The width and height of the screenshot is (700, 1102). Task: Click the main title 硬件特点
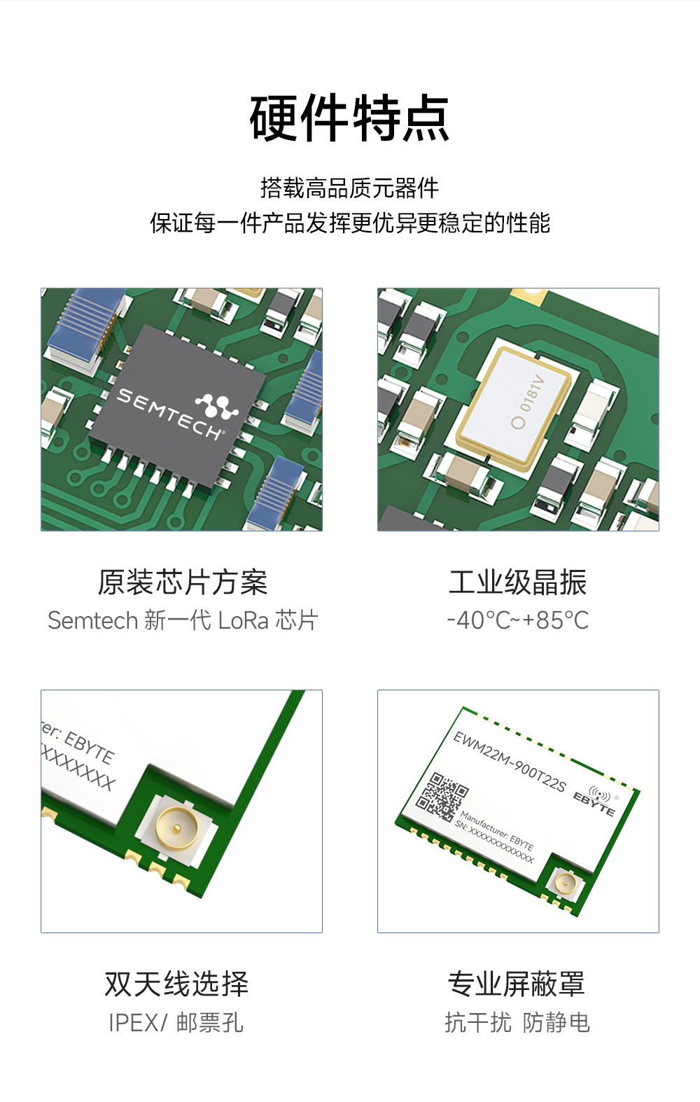[x=349, y=118]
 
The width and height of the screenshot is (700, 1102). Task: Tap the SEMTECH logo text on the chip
[x=168, y=414]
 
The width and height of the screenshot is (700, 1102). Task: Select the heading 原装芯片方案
[x=182, y=583]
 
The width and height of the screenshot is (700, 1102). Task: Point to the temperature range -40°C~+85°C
[x=518, y=620]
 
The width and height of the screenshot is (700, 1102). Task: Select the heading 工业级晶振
[x=518, y=583]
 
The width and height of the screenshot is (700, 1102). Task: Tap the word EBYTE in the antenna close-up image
[x=89, y=747]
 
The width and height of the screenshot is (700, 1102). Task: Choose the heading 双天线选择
[x=176, y=984]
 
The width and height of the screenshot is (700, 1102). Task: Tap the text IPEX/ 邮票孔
[x=176, y=1023]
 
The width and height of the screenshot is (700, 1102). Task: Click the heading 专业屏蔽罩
[x=517, y=984]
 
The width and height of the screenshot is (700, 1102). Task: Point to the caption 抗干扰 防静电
[x=517, y=1023]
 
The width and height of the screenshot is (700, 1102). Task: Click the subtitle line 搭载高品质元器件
[x=349, y=188]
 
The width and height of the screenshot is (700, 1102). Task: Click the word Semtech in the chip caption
[x=92, y=620]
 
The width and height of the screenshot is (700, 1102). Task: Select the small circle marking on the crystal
[x=518, y=422]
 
